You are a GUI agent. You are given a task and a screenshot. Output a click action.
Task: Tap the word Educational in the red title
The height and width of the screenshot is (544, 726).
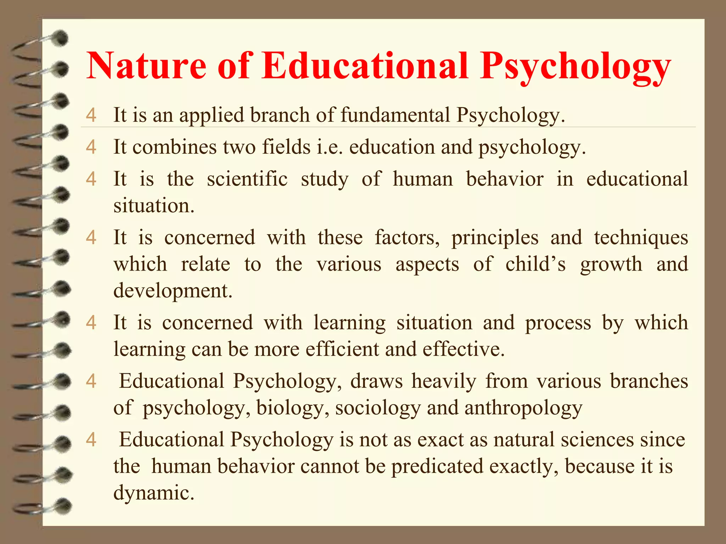(365, 66)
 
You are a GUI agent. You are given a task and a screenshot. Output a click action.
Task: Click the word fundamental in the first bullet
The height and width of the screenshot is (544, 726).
(395, 115)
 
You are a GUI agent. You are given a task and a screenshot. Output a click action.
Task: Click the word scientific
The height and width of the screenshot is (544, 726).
(247, 179)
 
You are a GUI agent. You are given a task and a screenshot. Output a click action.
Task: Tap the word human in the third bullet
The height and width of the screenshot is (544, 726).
(423, 179)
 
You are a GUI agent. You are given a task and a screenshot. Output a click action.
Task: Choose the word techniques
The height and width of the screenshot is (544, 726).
(641, 237)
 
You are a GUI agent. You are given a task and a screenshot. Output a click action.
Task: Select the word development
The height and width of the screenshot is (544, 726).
(173, 291)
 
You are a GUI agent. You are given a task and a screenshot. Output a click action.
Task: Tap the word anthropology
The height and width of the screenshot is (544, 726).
(523, 408)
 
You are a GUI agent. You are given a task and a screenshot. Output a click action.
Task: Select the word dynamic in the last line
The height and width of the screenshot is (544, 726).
(154, 493)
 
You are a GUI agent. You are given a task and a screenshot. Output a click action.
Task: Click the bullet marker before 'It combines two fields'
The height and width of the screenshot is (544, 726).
(91, 147)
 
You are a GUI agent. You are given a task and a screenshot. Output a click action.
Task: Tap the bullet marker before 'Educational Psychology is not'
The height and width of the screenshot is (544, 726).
(91, 440)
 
